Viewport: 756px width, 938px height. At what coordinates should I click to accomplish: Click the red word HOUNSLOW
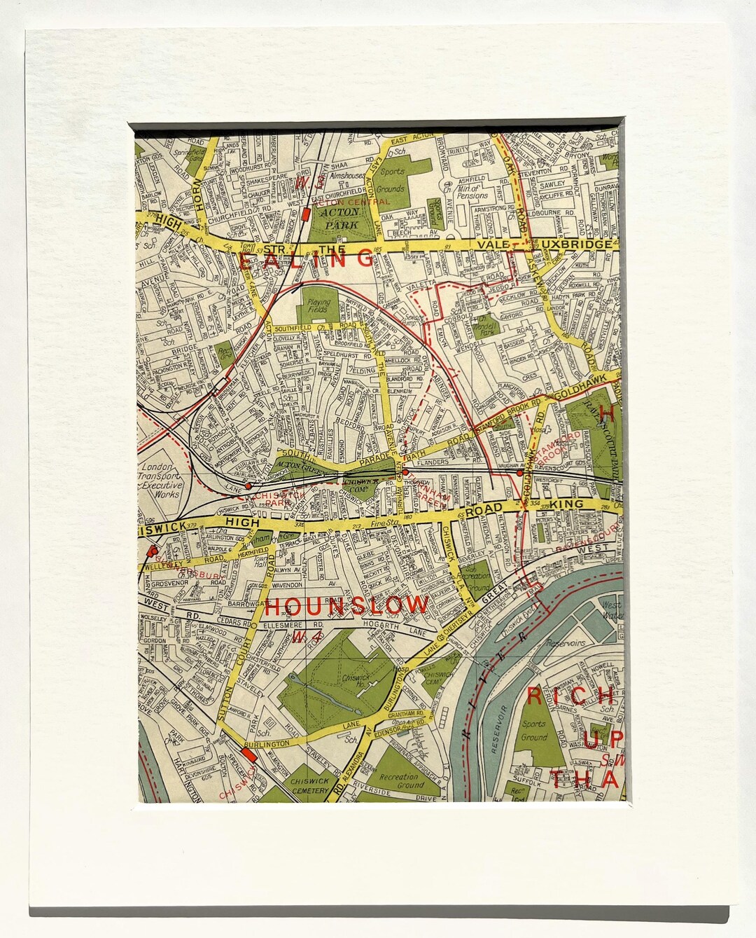tap(346, 605)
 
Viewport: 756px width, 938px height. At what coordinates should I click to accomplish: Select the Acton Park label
tap(339, 215)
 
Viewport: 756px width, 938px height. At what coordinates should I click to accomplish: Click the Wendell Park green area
tap(499, 326)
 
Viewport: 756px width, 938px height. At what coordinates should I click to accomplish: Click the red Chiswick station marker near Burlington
tap(247, 755)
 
